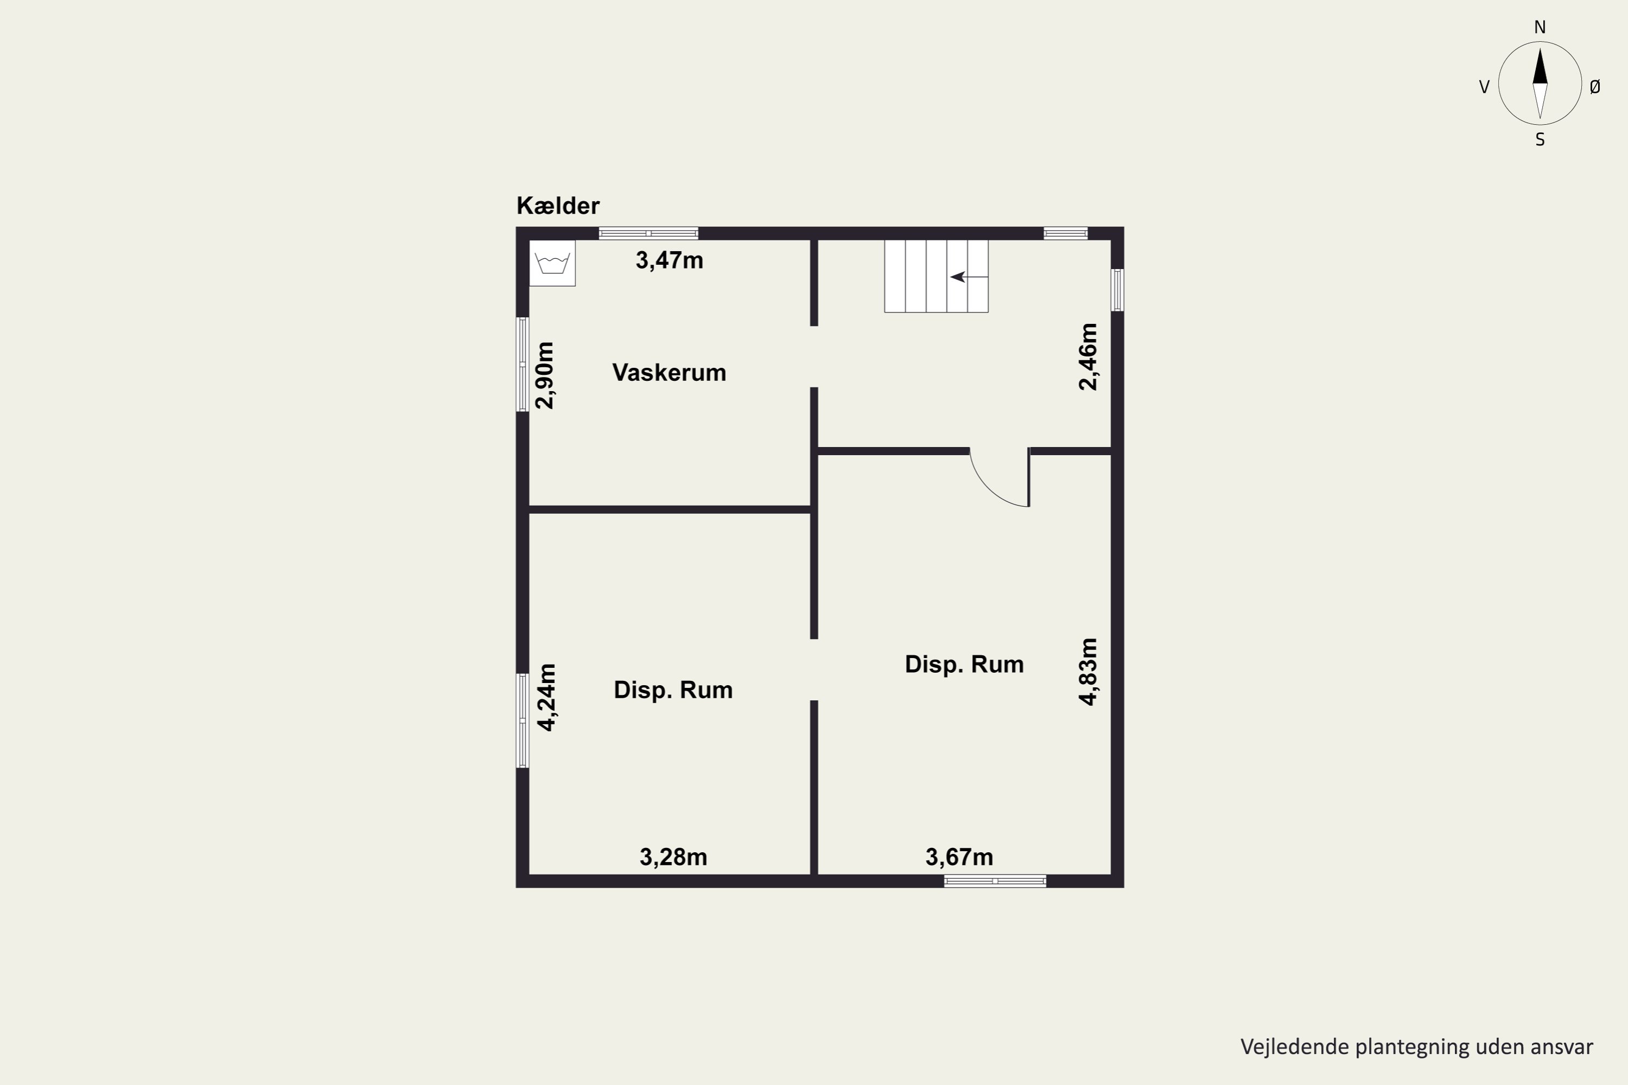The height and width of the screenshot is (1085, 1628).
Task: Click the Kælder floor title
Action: (558, 206)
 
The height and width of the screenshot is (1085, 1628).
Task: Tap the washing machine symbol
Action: (552, 263)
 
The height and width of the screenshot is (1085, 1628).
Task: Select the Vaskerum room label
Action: (669, 372)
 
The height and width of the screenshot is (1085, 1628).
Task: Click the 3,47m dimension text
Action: (669, 260)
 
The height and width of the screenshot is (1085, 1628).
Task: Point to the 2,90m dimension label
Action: (545, 376)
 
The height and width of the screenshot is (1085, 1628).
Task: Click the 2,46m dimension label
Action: (1088, 357)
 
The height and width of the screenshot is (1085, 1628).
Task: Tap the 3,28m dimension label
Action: (673, 857)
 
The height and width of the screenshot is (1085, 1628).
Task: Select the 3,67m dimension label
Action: (959, 857)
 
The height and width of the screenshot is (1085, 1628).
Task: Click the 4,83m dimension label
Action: (1088, 672)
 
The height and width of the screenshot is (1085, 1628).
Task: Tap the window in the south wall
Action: (995, 881)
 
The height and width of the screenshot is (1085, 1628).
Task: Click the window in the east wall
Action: (1117, 290)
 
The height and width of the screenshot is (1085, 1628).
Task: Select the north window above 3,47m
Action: (648, 233)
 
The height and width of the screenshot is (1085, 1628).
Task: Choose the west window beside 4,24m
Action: (523, 720)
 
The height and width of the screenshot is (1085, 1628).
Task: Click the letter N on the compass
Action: (1540, 27)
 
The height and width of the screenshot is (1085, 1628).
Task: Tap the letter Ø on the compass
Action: (1595, 86)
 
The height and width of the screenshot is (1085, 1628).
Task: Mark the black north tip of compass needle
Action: (1540, 48)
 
